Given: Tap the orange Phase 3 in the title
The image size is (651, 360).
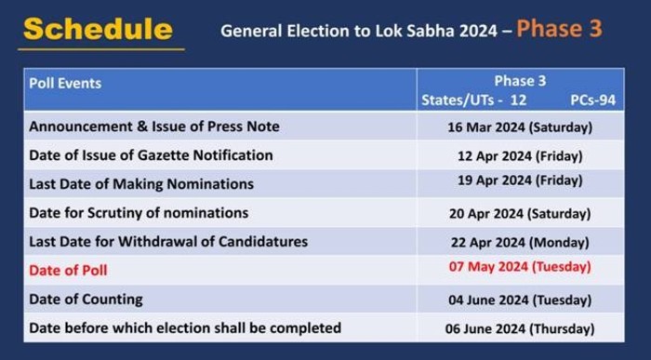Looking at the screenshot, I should click(x=559, y=28).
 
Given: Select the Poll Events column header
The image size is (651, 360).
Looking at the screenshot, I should click(x=65, y=83).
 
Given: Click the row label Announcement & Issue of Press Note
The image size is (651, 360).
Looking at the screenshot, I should click(x=154, y=126).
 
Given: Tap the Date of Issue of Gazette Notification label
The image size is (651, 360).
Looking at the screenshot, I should click(x=152, y=154).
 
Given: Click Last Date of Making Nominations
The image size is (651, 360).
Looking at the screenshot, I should click(x=141, y=184).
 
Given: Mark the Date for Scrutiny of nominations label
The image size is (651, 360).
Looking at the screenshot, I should click(x=139, y=213).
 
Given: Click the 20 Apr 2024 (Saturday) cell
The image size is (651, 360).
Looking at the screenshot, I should click(x=520, y=213).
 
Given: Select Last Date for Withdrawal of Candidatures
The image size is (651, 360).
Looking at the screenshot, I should click(x=168, y=242).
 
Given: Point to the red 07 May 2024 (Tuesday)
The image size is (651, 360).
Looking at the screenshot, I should click(x=520, y=267).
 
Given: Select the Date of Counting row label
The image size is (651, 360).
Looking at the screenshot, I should click(x=86, y=299).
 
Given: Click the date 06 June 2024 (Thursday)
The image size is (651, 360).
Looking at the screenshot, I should click(x=520, y=328).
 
